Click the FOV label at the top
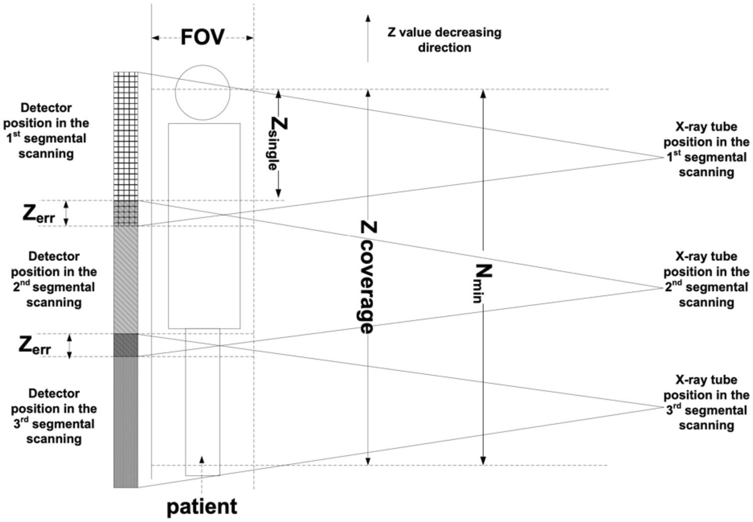pos(202,38)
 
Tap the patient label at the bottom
pos(202,506)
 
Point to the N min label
pos(482,283)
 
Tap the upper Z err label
pos(39,215)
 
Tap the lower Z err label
pos(35,346)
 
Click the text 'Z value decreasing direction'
pos(444,40)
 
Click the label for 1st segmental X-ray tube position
pos(706,150)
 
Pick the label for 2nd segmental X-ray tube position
pos(706,279)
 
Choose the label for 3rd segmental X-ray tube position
pos(706,402)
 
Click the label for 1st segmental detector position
pos(46,131)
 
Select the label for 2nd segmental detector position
pos(54,279)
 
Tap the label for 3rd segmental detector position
pos(54,416)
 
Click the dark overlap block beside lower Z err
pos(125,345)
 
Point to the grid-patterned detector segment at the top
pos(125,136)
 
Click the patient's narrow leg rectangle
pos(202,402)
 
